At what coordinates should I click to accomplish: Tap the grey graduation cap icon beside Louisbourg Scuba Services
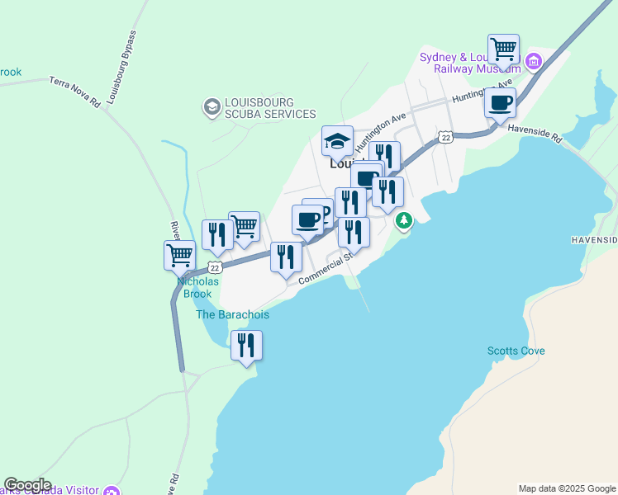click(212, 106)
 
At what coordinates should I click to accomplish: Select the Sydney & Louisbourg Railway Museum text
click(468, 63)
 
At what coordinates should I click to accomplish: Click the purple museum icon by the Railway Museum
click(534, 61)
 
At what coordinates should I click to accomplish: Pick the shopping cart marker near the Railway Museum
click(503, 49)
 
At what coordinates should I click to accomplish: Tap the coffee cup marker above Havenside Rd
click(500, 104)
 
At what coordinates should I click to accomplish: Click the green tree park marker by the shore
click(404, 220)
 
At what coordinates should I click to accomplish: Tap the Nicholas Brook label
click(198, 287)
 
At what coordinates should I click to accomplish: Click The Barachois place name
click(232, 314)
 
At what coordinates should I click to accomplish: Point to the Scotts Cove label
click(516, 351)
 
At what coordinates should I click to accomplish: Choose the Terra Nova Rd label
click(74, 92)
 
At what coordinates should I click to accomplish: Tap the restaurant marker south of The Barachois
click(246, 345)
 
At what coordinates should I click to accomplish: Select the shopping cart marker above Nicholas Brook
click(179, 255)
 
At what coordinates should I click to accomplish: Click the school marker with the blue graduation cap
click(337, 141)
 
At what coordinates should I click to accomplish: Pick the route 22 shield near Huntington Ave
click(445, 137)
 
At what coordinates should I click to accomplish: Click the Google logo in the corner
click(27, 485)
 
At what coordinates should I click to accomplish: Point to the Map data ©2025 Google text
click(566, 488)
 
